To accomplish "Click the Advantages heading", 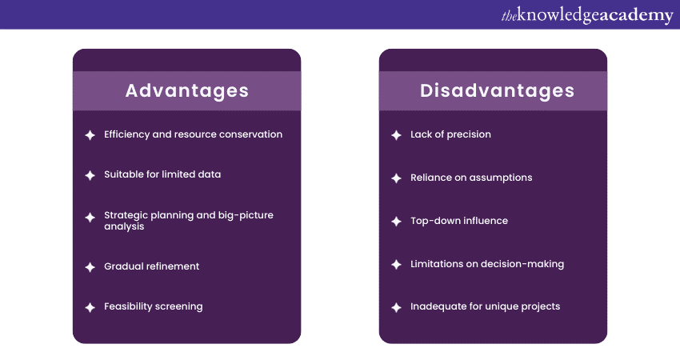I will tap(186, 90).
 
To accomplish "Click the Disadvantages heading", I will tap(497, 90).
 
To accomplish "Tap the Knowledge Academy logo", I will tap(587, 15).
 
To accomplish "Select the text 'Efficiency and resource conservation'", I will tap(193, 134).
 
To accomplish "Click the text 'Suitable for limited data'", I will tap(162, 174).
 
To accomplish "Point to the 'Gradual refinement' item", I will tap(151, 266).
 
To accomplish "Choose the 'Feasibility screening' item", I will tap(153, 306).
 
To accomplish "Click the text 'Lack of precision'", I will tap(450, 134).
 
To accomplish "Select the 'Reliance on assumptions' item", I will tap(471, 178).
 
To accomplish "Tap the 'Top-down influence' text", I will tap(459, 221).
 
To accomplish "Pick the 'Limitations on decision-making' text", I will tap(487, 264).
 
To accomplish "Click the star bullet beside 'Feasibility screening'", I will tap(90, 307).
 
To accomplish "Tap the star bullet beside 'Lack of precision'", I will tap(396, 135).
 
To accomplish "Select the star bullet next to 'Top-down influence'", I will tap(396, 222).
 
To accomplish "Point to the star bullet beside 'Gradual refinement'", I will tap(90, 267).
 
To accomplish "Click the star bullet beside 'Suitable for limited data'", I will tap(90, 175).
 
